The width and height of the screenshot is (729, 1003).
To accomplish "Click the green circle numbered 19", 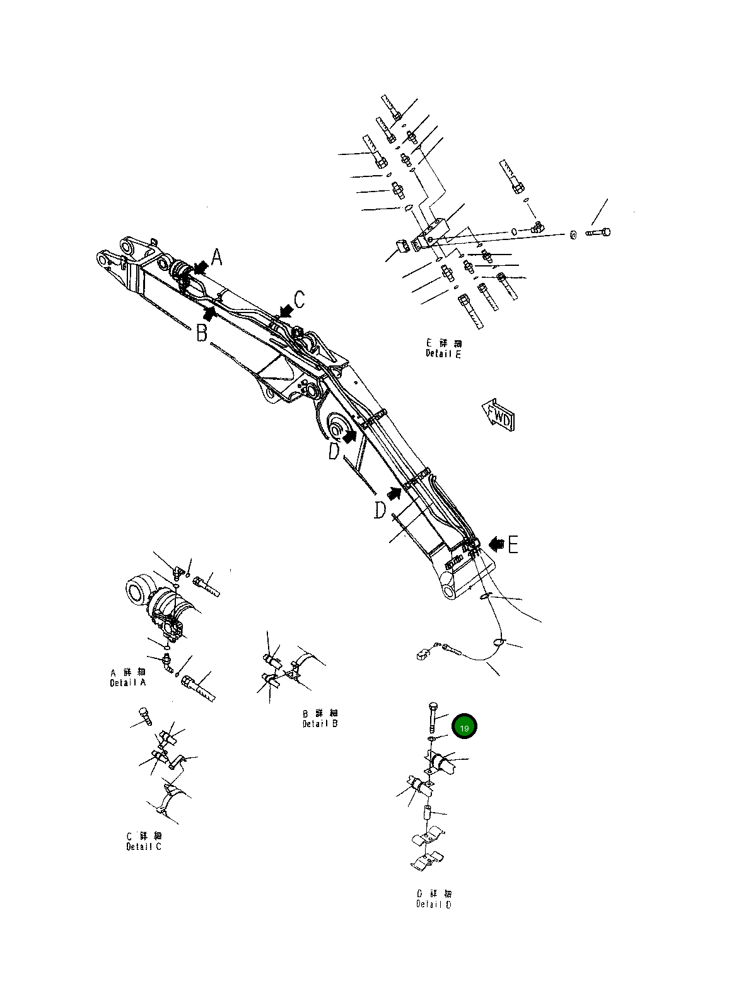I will [464, 728].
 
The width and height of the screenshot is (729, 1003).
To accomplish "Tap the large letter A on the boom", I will [216, 258].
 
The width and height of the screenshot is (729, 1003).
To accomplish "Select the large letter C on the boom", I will [300, 299].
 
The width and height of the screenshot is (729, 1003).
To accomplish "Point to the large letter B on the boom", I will [201, 333].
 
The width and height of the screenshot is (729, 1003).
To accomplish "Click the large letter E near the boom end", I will [513, 544].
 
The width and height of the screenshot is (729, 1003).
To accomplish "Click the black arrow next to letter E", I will [496, 542].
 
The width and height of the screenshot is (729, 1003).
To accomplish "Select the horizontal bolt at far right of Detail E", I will [598, 232].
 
